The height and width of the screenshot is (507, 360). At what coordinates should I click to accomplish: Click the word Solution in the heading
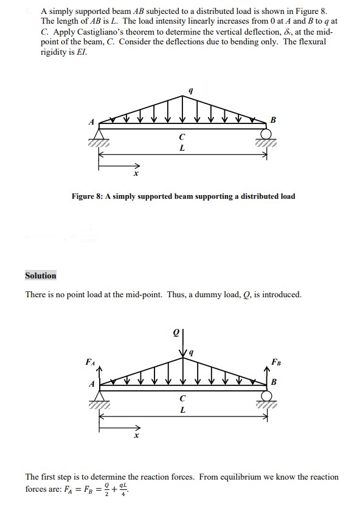(x=41, y=275)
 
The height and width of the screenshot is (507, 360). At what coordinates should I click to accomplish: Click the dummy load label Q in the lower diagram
(x=176, y=333)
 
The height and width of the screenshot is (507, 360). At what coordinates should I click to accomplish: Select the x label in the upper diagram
(x=136, y=174)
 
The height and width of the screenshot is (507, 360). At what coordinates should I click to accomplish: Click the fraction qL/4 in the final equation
(x=125, y=489)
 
